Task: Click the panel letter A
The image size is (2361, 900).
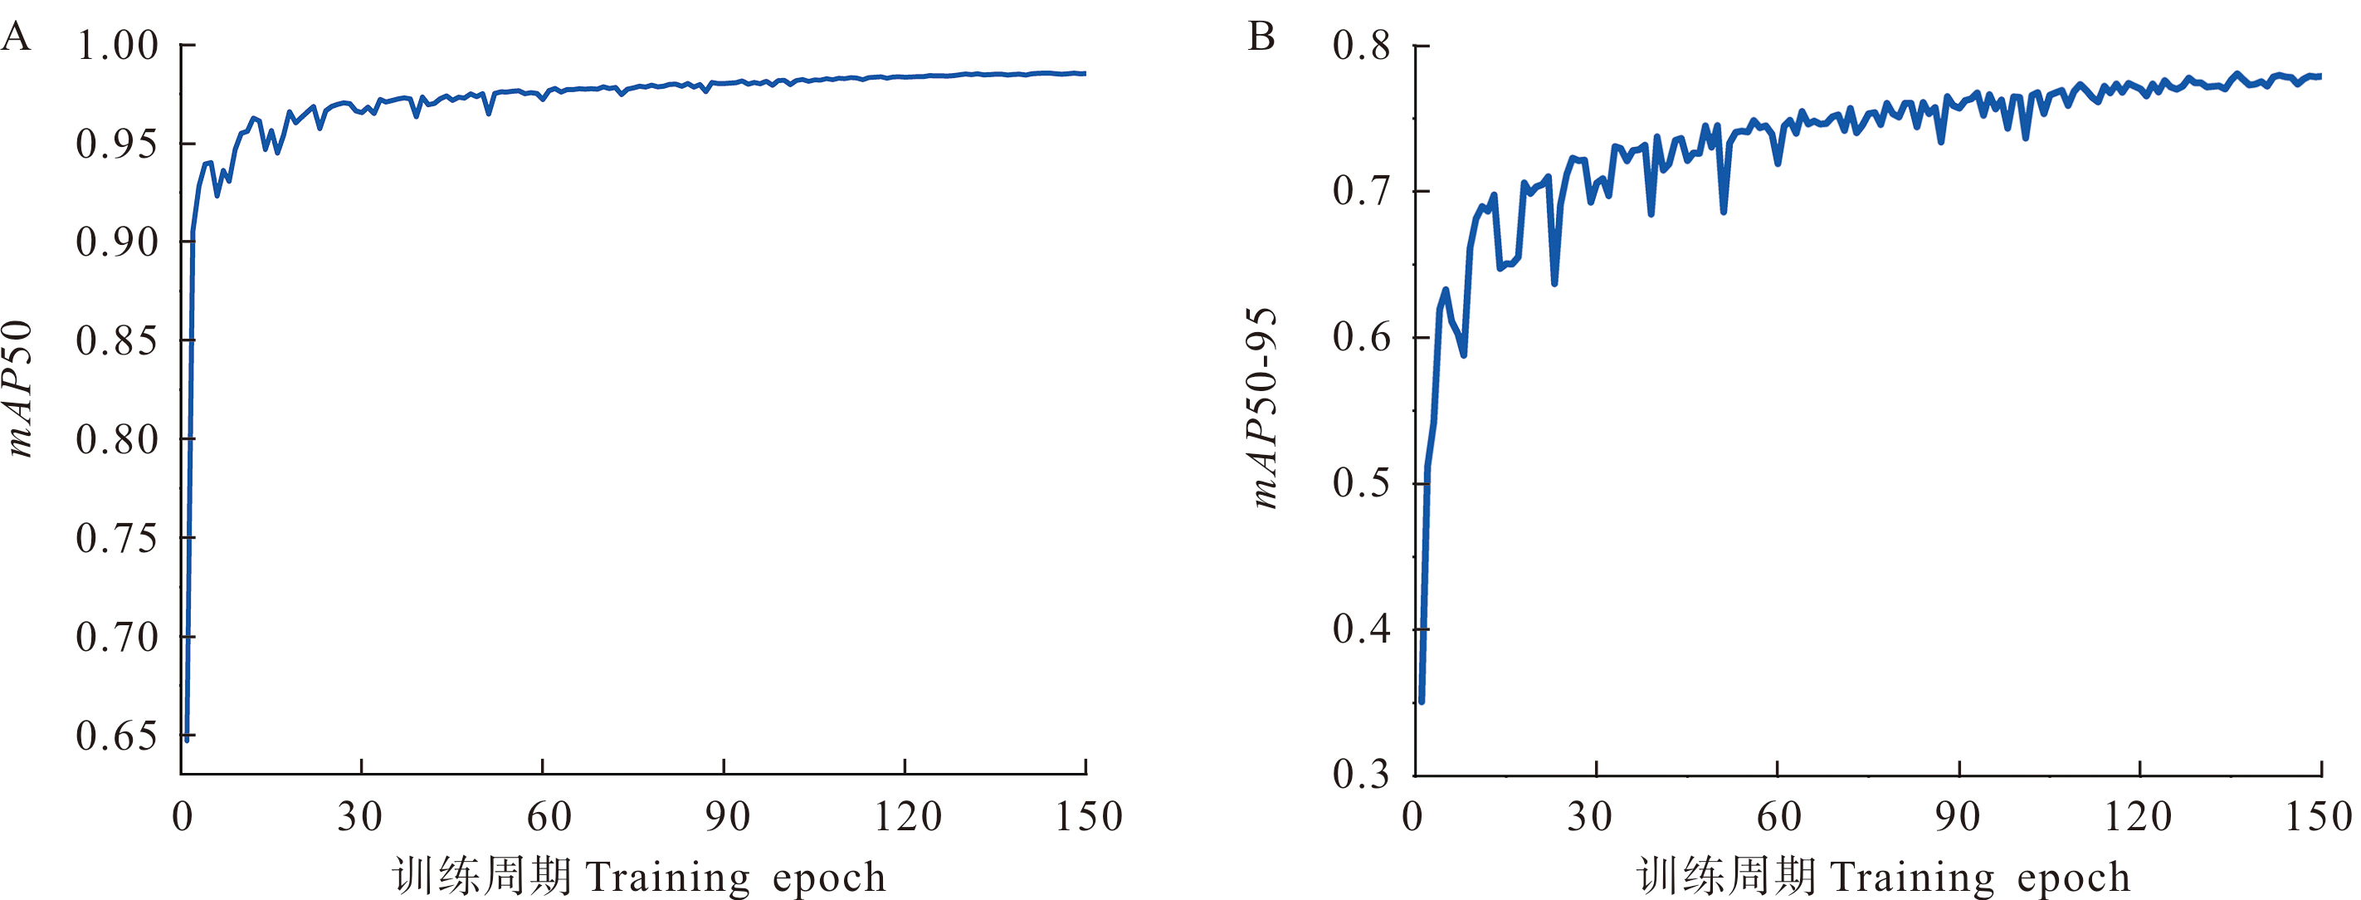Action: (16, 37)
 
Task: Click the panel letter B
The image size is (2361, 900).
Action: (1261, 37)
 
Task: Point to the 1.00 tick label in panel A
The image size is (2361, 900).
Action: (117, 46)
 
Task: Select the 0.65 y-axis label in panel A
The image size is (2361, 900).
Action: (117, 736)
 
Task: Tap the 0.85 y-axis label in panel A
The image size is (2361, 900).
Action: (117, 341)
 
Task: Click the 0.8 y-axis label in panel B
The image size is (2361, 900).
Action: (1361, 46)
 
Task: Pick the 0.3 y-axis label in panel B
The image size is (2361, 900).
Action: (1361, 775)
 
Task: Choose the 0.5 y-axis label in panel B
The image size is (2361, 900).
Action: (1361, 483)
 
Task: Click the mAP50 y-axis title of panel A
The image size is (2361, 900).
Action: (20, 389)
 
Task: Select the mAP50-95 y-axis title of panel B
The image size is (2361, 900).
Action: (1265, 408)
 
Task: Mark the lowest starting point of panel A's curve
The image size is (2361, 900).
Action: (187, 736)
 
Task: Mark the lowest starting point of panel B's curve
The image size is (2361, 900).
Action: (1422, 701)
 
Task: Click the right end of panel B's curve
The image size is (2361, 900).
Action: (2320, 76)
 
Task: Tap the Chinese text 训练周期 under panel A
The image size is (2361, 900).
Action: (482, 876)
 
